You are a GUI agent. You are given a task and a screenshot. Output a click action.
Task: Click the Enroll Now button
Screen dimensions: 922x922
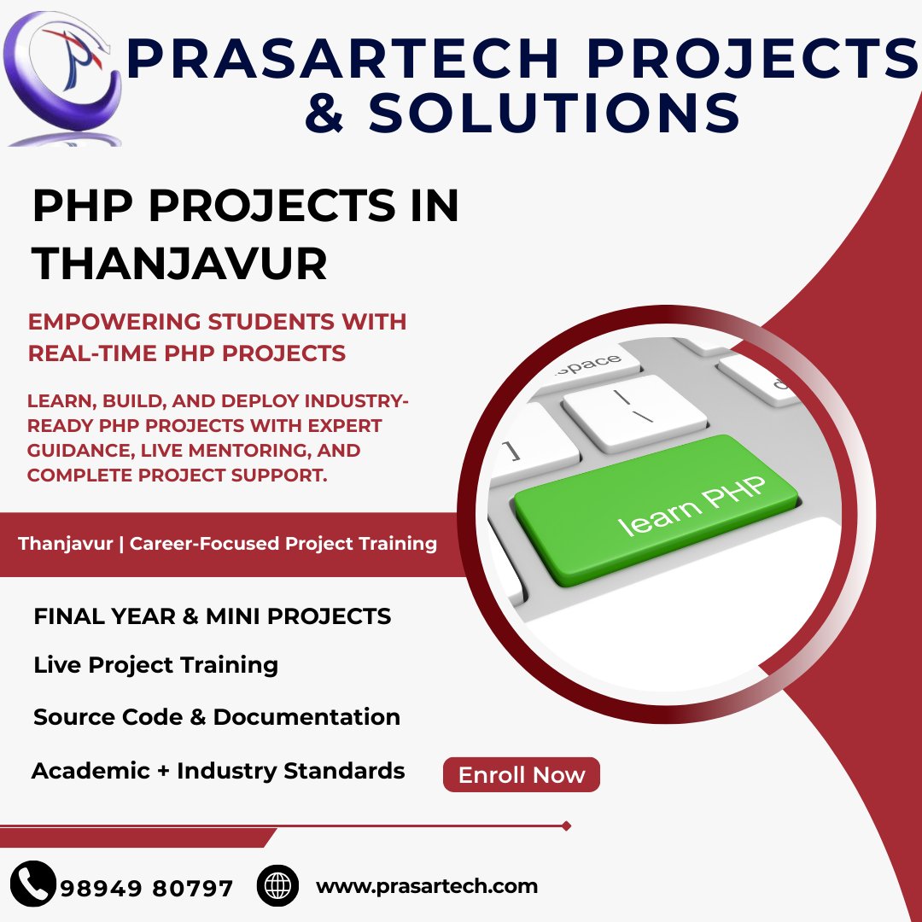[x=521, y=774]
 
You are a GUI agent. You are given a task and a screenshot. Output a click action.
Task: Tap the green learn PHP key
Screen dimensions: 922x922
[x=656, y=510]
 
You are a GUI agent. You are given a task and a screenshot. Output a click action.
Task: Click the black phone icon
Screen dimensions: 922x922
[x=33, y=884]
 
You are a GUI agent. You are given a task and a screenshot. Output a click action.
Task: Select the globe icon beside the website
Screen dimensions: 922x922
[x=277, y=885]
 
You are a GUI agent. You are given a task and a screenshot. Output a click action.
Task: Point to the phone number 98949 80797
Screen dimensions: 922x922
[x=147, y=888]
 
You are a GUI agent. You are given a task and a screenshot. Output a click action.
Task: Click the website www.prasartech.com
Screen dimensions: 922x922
[x=427, y=886]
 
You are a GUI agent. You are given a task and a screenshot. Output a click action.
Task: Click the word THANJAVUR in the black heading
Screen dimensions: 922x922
[x=179, y=264]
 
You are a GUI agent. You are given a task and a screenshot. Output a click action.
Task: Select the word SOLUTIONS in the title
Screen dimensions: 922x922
[x=554, y=113]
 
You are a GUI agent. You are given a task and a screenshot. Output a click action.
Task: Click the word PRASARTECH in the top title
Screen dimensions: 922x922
[x=342, y=58]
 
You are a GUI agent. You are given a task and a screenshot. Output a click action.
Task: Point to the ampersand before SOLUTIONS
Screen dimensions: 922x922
[x=324, y=113]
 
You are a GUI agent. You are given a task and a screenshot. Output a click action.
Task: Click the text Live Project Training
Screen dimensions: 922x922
[x=156, y=665]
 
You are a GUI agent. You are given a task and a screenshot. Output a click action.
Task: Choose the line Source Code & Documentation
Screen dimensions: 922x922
[x=217, y=717]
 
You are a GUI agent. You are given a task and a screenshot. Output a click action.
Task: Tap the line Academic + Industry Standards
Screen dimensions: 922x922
[x=219, y=770]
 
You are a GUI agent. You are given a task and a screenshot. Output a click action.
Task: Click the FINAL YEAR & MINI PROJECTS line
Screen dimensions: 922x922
[x=213, y=616]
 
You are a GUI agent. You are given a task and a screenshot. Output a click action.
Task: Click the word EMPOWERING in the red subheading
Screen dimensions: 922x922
[x=114, y=322]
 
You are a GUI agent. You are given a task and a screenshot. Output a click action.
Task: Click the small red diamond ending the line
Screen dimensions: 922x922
[x=566, y=826]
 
